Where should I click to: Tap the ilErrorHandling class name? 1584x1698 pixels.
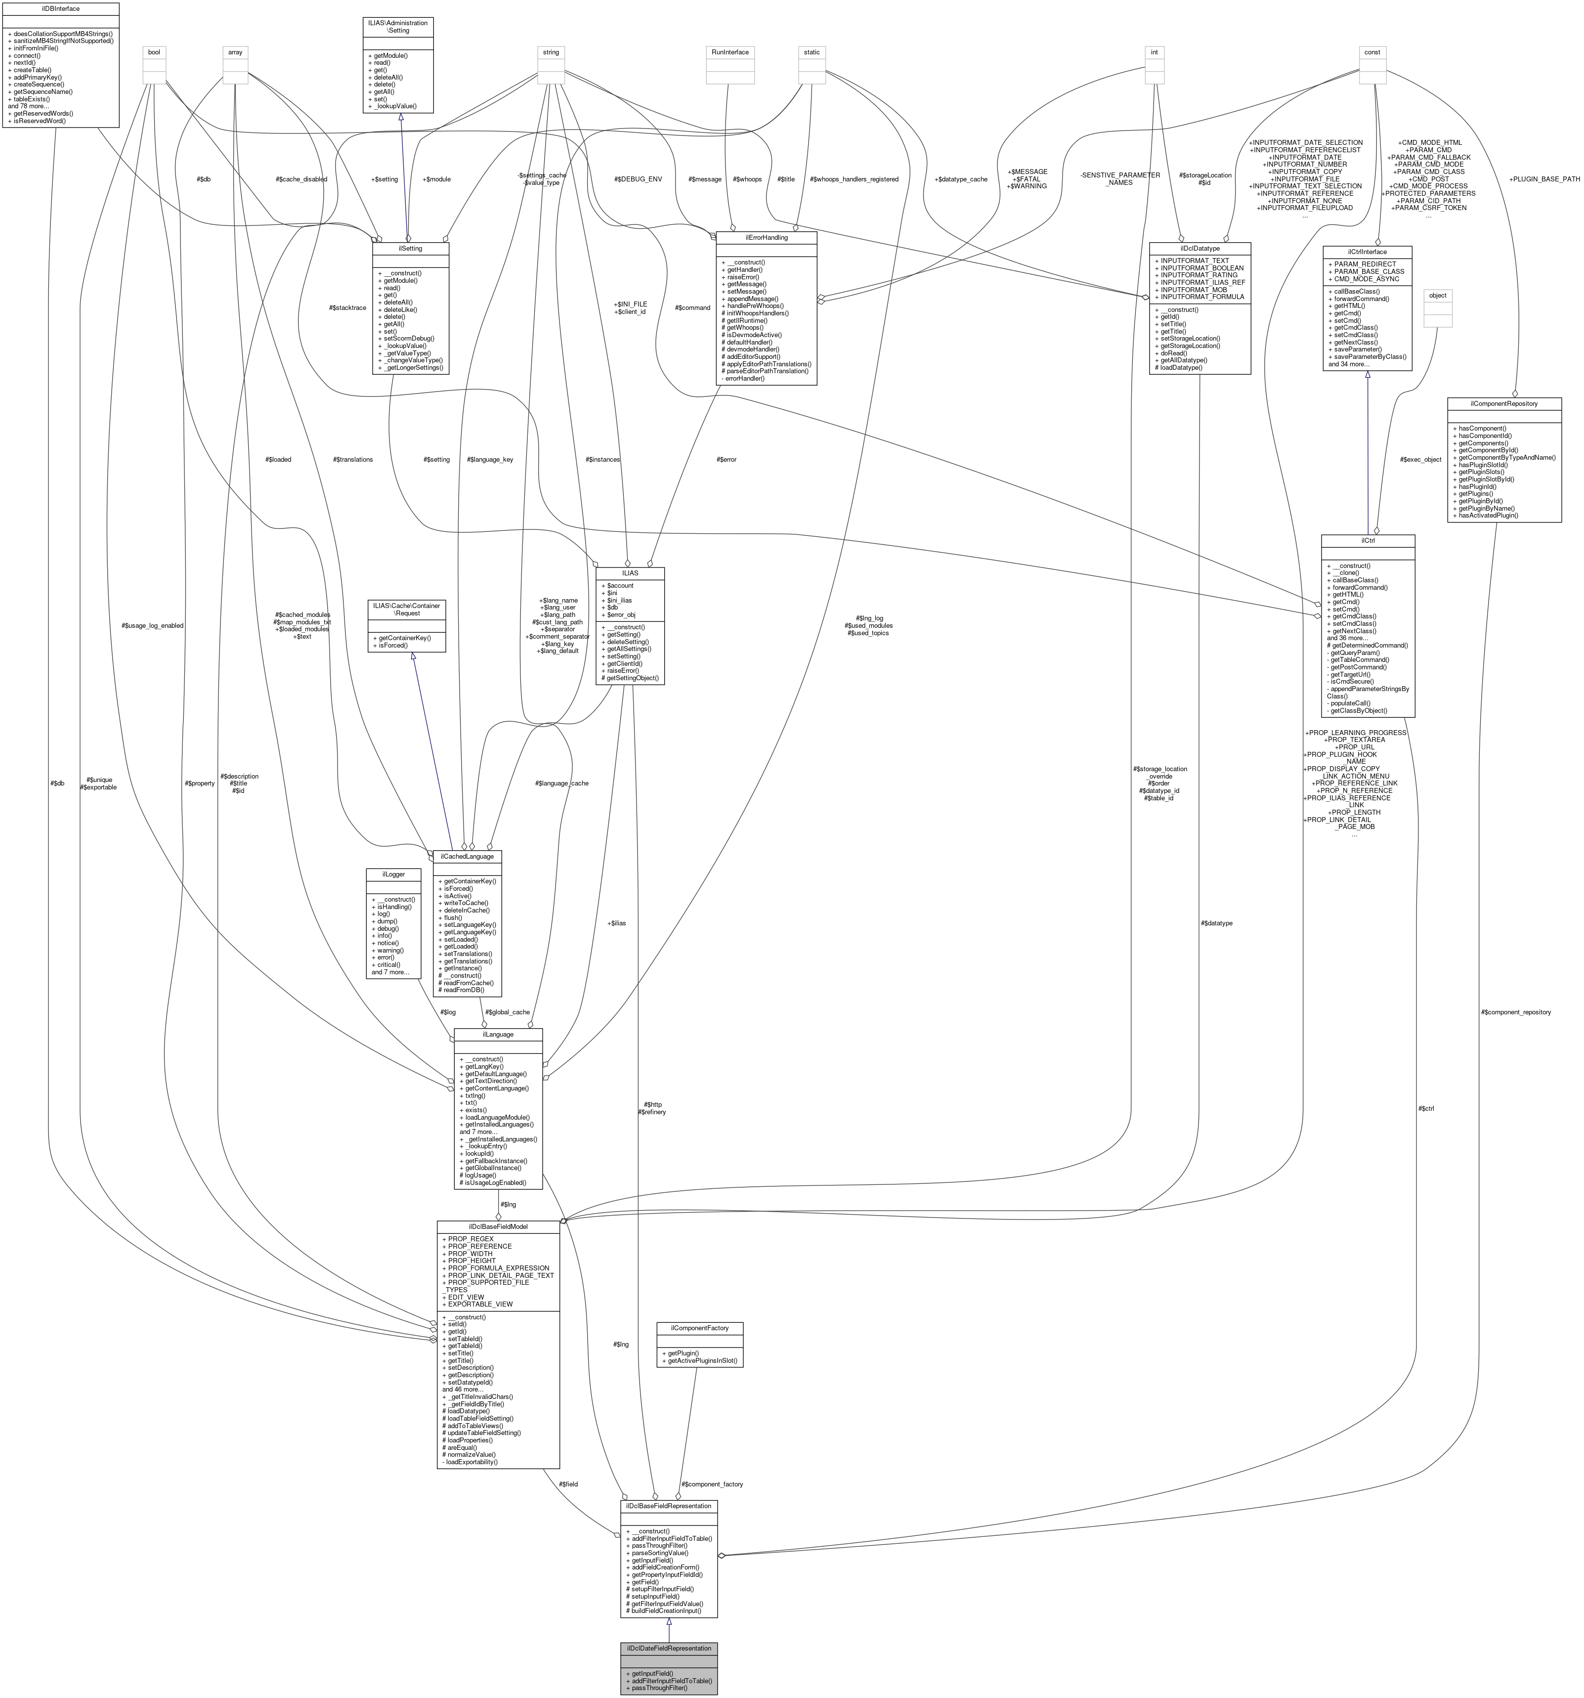point(766,237)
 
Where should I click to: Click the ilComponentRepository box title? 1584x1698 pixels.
point(1504,403)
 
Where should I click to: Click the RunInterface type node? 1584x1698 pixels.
point(729,52)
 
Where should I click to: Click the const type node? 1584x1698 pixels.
point(1371,52)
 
